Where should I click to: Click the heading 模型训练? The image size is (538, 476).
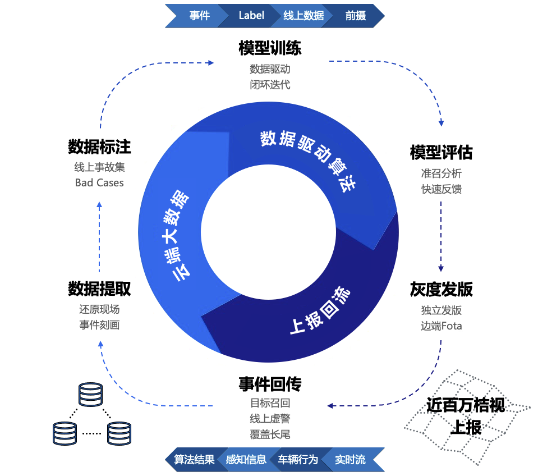(x=270, y=48)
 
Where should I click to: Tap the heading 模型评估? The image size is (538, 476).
(x=441, y=152)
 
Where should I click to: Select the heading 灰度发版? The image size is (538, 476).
(x=441, y=289)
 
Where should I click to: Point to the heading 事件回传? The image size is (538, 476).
(x=270, y=385)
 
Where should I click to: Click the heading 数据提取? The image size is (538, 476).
(x=99, y=289)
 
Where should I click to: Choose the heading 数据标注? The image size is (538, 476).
(x=99, y=147)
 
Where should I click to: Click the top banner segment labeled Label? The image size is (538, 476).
(x=251, y=16)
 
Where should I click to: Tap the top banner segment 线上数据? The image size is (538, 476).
(x=304, y=16)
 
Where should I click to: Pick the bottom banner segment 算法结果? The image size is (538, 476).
(x=194, y=460)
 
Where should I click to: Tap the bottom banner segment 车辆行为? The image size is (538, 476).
(x=298, y=460)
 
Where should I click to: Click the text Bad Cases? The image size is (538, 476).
(x=99, y=182)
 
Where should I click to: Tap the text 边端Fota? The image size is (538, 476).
(x=441, y=326)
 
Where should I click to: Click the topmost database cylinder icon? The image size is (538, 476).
(x=91, y=395)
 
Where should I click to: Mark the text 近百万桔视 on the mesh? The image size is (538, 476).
(x=466, y=405)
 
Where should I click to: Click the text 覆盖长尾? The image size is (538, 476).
(x=270, y=434)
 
